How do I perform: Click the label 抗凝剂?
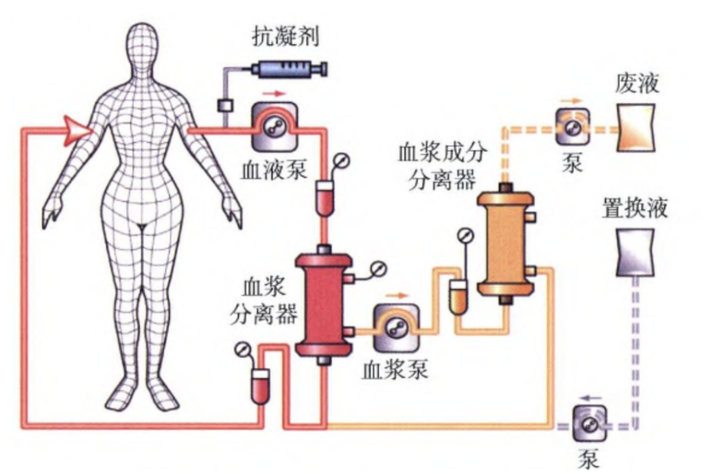click(x=285, y=36)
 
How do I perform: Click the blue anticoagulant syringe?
click(x=289, y=69)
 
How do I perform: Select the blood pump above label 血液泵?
click(x=274, y=126)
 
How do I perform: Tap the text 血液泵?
click(x=274, y=170)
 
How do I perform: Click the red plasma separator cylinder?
click(x=324, y=305)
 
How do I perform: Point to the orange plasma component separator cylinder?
click(x=506, y=243)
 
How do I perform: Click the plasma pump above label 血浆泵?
click(x=396, y=327)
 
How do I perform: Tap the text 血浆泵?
click(x=395, y=370)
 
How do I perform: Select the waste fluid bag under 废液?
click(x=636, y=128)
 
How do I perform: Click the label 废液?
click(x=637, y=83)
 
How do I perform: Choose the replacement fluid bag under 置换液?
click(x=635, y=252)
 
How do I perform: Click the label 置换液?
click(x=635, y=208)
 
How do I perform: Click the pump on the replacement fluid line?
click(x=589, y=424)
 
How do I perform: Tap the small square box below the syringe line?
click(x=225, y=106)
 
